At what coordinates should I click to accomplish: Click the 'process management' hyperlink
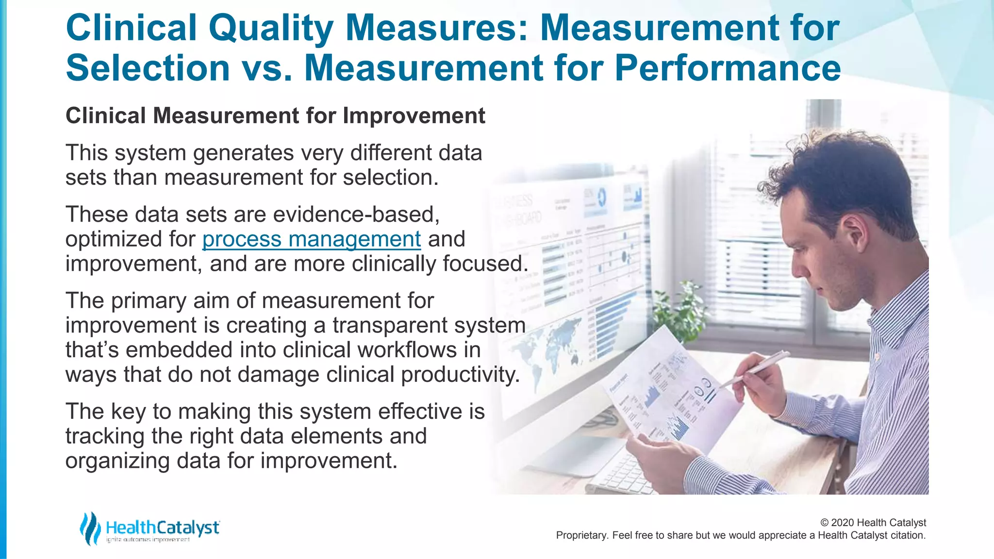pos(311,239)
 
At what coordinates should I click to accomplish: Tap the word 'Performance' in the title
pos(728,68)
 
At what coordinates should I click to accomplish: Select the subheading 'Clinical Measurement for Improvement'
pos(275,116)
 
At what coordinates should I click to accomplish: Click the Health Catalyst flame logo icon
pos(90,528)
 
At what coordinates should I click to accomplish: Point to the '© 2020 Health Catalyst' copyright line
pos(873,523)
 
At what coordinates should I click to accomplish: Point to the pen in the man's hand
pos(757,369)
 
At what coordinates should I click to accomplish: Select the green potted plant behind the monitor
pos(679,311)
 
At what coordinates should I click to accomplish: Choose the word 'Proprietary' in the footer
pos(581,535)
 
